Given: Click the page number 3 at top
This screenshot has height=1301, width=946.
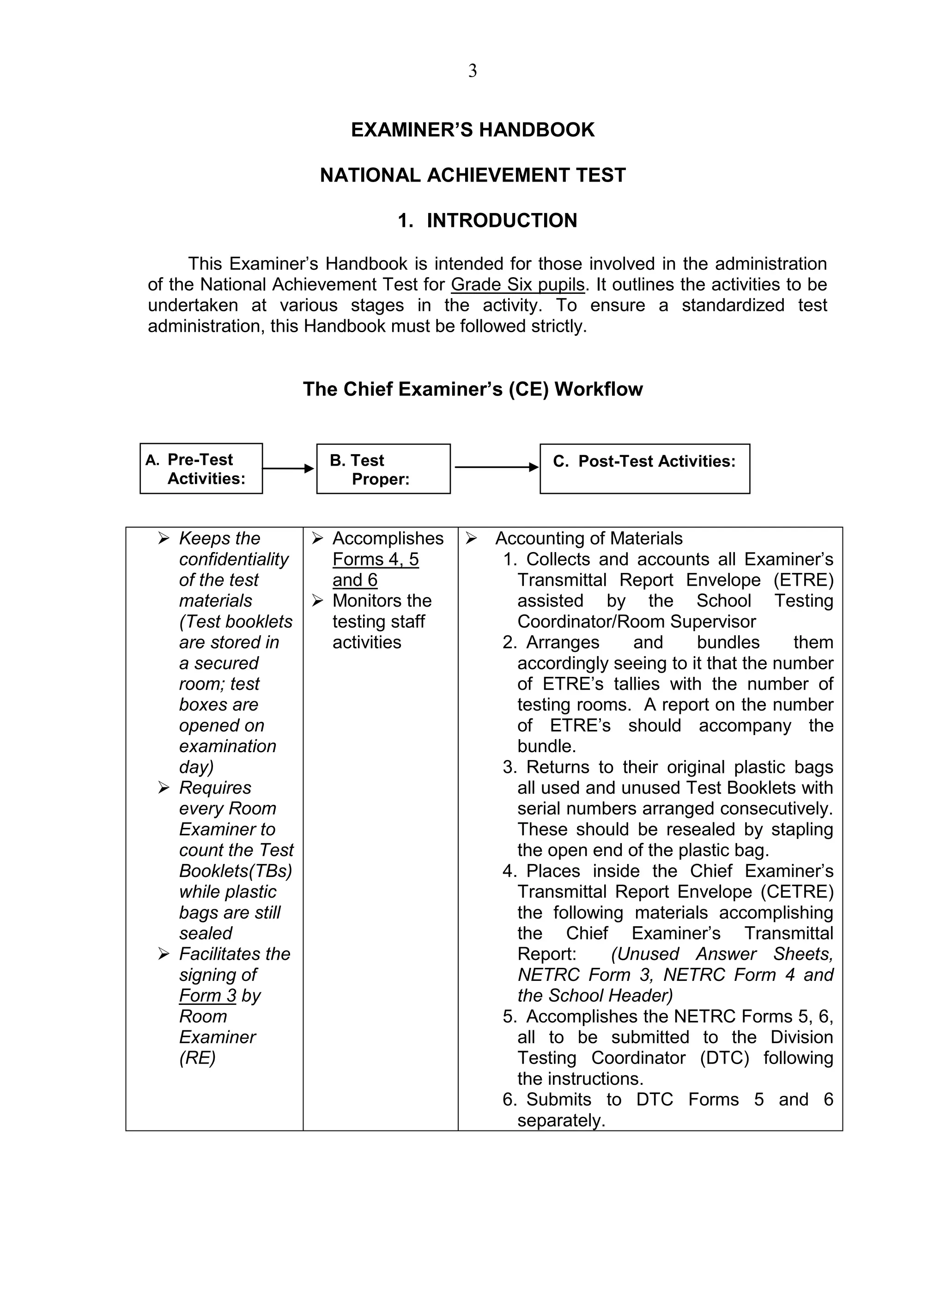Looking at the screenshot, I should coord(472,71).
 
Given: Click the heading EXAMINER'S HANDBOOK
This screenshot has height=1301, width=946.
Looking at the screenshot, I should coord(472,130).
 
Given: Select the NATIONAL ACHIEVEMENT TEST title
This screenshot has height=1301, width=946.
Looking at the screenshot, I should coord(472,176).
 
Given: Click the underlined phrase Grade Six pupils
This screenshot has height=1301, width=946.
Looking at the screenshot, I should coord(517,285).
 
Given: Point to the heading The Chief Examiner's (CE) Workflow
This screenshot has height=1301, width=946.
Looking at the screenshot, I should coord(472,389).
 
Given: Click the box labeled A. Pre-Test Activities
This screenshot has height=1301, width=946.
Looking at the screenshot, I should coord(201,468).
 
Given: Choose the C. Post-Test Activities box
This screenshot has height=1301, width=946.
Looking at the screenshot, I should coord(644,468).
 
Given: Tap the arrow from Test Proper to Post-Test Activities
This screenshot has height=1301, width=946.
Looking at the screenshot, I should coord(496,468).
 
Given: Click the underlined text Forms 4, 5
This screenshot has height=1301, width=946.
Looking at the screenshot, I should coord(375,559).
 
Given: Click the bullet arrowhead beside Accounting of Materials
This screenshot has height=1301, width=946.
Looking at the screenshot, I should coord(471,539).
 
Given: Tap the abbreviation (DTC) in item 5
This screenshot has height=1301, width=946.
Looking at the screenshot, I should coord(724,1058).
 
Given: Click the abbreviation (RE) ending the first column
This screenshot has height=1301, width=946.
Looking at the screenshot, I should coord(197,1058).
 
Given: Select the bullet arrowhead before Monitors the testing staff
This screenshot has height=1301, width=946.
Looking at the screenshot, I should coord(318,601).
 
